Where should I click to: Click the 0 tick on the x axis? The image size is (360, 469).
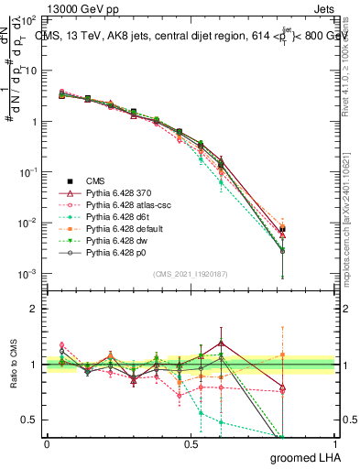tap(47, 444)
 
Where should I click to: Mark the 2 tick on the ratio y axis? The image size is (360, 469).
tap(34, 309)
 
